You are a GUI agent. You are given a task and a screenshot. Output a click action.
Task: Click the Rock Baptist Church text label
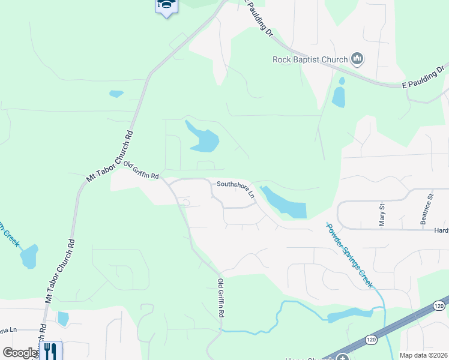pyautogui.click(x=310, y=59)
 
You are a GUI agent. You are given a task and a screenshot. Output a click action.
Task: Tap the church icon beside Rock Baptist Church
pyautogui.click(x=358, y=59)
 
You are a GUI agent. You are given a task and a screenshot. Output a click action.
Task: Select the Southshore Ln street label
pyautogui.click(x=236, y=188)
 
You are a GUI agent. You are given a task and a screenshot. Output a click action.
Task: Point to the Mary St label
pyautogui.click(x=382, y=214)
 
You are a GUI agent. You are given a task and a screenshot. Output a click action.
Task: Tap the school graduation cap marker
pyautogui.click(x=167, y=6)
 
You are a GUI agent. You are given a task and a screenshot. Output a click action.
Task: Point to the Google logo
pyautogui.click(x=19, y=353)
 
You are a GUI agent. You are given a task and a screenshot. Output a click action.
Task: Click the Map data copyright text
pyautogui.click(x=423, y=355)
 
